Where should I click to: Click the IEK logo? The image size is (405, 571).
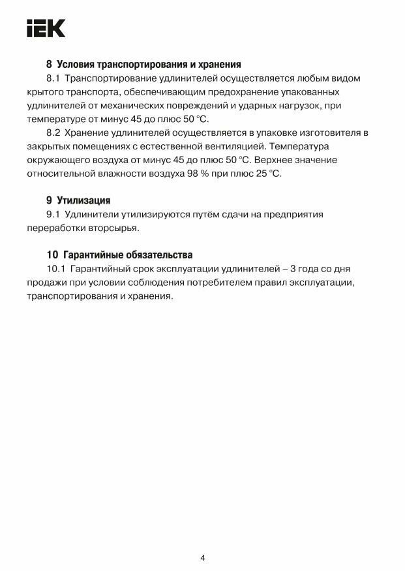coord(46,28)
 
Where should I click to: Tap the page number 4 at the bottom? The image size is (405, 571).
coord(202,539)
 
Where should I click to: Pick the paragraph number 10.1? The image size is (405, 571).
coord(56,269)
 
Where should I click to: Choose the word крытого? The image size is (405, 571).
coord(44,92)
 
